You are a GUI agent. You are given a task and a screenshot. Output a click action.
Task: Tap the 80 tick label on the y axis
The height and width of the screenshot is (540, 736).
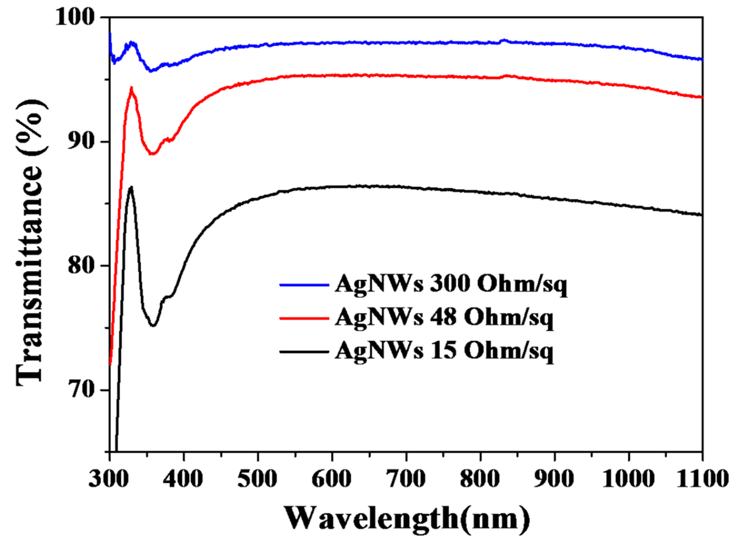(81, 266)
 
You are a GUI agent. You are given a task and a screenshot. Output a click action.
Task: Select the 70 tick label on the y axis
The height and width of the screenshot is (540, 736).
(81, 390)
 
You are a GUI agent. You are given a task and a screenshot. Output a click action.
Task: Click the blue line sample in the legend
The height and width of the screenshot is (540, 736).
(304, 285)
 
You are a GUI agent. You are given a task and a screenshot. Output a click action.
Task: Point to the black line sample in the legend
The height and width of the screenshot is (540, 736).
(304, 352)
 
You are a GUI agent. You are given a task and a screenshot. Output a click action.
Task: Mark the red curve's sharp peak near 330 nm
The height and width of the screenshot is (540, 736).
(132, 88)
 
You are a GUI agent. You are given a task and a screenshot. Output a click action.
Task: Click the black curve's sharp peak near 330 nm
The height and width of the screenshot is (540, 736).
(131, 187)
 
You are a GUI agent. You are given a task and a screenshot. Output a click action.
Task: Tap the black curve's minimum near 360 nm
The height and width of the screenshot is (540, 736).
(153, 325)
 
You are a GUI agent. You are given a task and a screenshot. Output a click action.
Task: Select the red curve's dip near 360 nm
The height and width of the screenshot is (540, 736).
(152, 154)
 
